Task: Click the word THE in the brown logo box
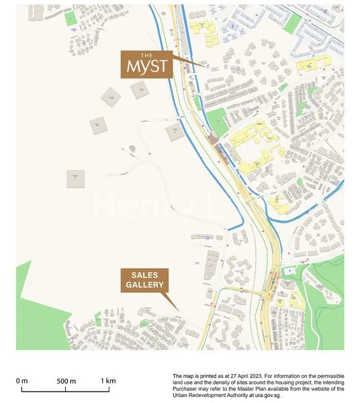coord(146,55)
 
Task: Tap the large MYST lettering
coord(146,67)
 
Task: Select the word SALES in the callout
coord(143,275)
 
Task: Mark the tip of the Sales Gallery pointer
coord(180,310)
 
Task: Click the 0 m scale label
coord(22,381)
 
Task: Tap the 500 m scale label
coord(65,381)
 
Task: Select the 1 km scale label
coord(108,381)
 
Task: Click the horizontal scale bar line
coord(65,389)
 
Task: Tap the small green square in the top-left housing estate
coord(71,18)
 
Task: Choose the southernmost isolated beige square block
coord(76,178)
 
